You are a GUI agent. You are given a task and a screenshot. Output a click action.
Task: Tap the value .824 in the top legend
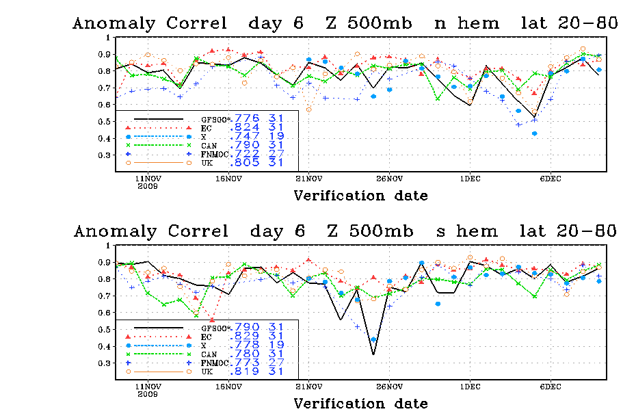point(246,127)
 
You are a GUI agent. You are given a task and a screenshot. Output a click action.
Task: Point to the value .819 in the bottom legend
point(246,372)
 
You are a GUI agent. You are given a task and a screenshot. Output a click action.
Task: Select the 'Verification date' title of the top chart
point(360,196)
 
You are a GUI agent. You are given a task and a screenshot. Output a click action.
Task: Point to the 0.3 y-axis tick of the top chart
point(105,155)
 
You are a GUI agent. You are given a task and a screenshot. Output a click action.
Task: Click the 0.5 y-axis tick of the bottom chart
point(105,329)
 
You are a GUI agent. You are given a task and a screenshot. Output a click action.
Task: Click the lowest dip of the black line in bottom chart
point(373,354)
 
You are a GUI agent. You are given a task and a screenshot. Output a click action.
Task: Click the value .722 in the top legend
point(246,155)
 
